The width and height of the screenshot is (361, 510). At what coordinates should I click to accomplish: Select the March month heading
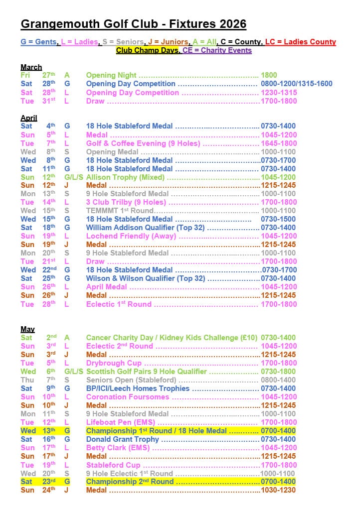pos(31,67)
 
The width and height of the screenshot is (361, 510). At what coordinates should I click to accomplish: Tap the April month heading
pos(29,118)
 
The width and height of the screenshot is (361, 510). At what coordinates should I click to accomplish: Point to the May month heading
pos(27,329)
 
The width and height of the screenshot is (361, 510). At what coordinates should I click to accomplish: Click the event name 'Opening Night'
pos(111,75)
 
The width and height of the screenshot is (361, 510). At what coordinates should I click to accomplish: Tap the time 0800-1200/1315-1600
pos(297,84)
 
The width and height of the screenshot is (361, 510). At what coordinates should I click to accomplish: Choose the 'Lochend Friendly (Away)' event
pos(131,236)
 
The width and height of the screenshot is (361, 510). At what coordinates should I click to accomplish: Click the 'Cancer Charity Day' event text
pos(120,338)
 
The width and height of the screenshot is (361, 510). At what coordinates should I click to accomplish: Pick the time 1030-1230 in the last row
pos(278,490)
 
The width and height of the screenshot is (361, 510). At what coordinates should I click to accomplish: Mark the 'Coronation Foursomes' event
pos(128,397)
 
